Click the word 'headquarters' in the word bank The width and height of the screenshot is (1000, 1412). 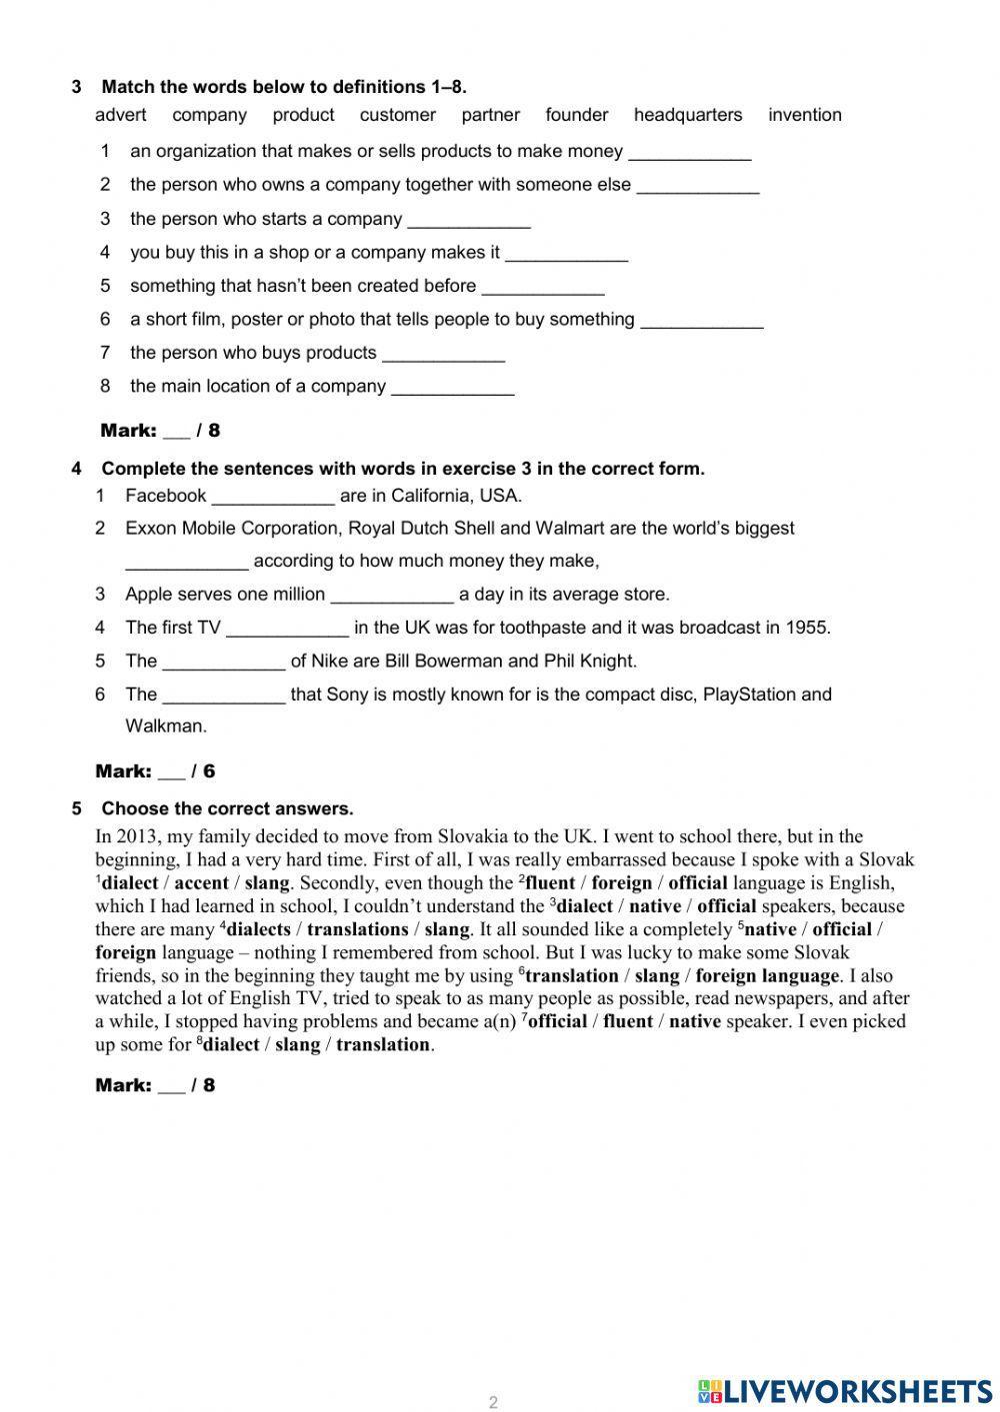coord(687,115)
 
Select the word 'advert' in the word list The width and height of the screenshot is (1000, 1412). coord(120,115)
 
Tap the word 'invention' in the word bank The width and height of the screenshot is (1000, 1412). coord(804,115)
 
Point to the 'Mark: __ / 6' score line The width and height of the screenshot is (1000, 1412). coord(155,771)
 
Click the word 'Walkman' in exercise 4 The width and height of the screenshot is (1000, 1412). coord(165,726)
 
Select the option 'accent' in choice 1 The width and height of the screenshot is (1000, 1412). coord(202,883)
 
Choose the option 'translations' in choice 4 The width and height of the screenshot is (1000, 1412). coord(357,929)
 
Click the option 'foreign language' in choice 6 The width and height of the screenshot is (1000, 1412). coord(767,976)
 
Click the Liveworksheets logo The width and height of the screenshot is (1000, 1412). coord(845,1391)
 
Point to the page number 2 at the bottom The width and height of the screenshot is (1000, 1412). coord(493,1402)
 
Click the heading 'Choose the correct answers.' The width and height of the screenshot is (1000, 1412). coord(227,808)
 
